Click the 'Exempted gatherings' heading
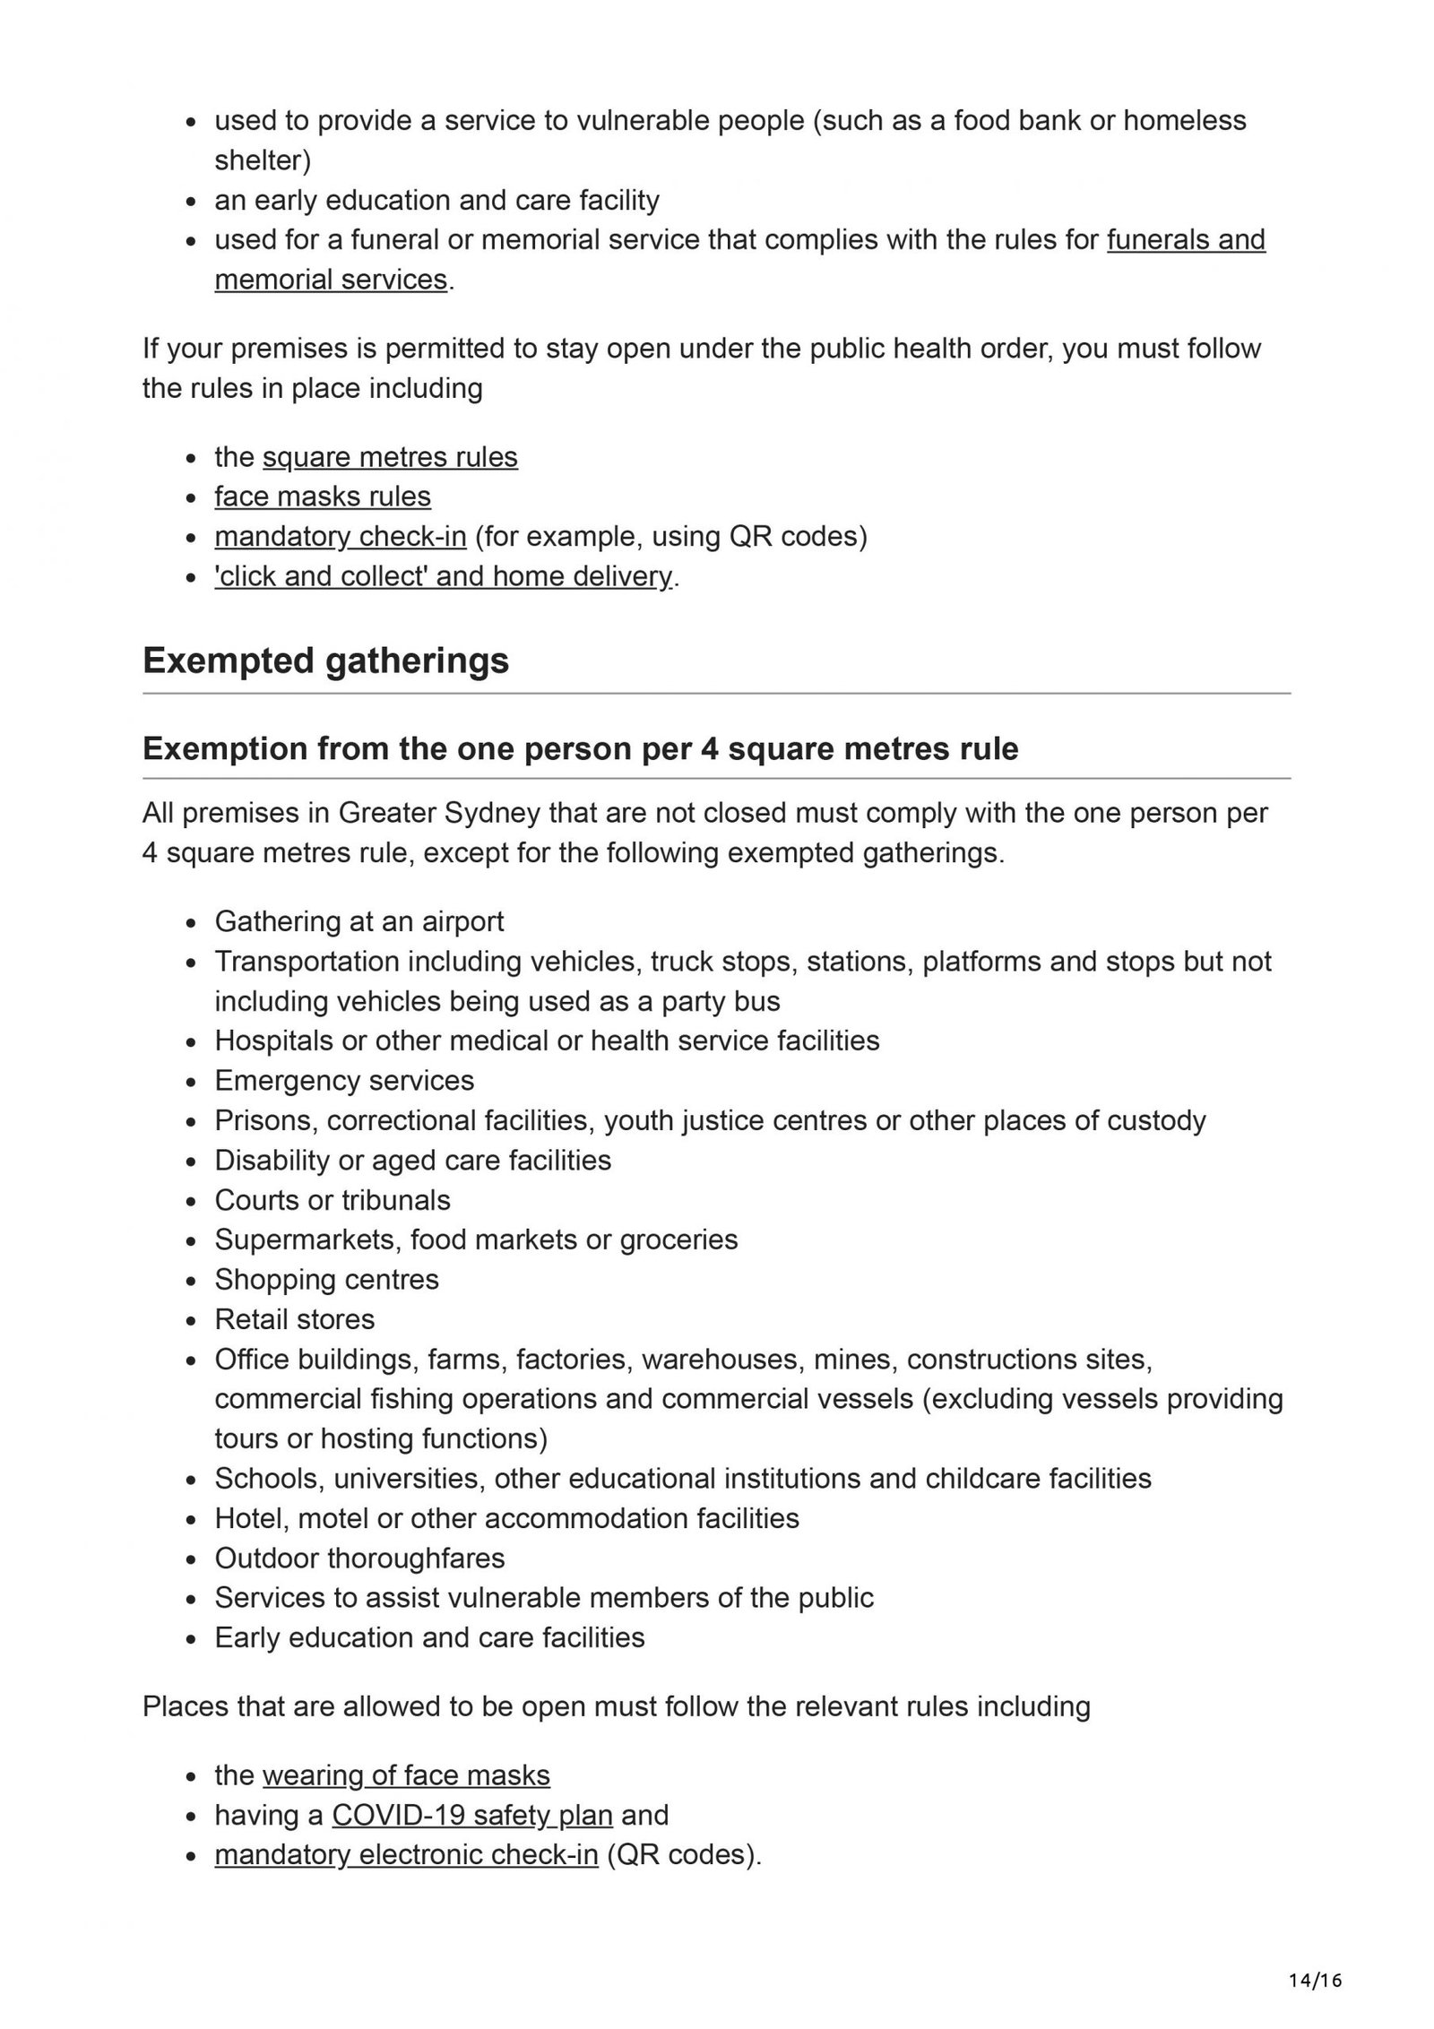coord(325,661)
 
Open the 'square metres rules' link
coord(390,457)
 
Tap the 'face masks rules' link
coord(323,496)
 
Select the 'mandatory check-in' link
coord(341,536)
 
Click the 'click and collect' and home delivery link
coord(443,575)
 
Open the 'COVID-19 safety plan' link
coord(472,1815)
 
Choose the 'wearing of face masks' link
coord(406,1775)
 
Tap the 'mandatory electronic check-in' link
coord(406,1854)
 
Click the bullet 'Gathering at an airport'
coord(359,921)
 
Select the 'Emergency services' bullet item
coord(344,1081)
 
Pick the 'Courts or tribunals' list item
coord(333,1200)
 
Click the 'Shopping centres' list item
coord(327,1279)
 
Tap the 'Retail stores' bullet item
coord(295,1319)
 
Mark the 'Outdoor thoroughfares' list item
coord(359,1558)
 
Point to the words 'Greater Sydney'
coord(439,813)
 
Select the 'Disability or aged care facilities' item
coord(413,1161)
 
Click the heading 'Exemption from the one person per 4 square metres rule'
coord(580,748)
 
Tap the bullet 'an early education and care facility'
coord(436,200)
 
